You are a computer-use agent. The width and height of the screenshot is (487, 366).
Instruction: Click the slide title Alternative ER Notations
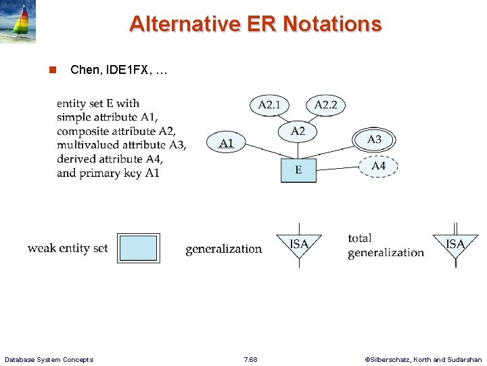[255, 24]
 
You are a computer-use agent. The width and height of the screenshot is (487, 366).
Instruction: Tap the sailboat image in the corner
[18, 22]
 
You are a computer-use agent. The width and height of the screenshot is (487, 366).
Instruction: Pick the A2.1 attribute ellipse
[270, 105]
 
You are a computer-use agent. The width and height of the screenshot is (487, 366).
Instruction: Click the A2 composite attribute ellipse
[298, 131]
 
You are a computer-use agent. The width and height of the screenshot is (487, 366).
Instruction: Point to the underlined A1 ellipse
[227, 143]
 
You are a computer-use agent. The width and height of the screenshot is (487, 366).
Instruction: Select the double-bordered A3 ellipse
[374, 140]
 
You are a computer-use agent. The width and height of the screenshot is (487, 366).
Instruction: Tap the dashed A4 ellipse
[378, 166]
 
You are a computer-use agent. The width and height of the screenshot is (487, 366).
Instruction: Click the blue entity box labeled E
[298, 169]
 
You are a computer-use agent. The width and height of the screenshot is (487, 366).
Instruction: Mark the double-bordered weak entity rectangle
[138, 248]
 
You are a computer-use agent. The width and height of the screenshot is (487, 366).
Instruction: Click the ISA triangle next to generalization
[298, 245]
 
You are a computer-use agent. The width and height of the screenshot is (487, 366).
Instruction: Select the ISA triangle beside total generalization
[455, 245]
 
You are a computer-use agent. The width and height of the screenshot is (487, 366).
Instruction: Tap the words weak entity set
[68, 248]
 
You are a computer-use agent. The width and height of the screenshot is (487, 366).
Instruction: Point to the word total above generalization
[360, 238]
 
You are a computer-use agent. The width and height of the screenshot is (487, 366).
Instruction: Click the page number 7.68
[250, 359]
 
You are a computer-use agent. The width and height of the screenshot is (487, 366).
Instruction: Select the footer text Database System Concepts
[49, 359]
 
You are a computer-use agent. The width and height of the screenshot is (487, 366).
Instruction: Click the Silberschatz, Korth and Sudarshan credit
[423, 359]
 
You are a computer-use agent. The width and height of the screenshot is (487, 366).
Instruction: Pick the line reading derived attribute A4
[110, 159]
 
